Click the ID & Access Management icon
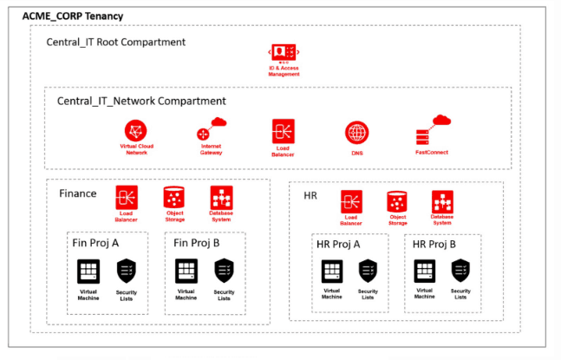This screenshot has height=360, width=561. (284, 52)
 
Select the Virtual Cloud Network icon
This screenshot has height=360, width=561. (134, 131)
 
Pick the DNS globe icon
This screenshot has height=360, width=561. (356, 133)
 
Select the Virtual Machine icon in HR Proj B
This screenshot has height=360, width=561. (424, 271)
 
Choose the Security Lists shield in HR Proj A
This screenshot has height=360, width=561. (369, 271)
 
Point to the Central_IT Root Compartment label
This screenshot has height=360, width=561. (115, 42)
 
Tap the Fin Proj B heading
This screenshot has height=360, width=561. (197, 243)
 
